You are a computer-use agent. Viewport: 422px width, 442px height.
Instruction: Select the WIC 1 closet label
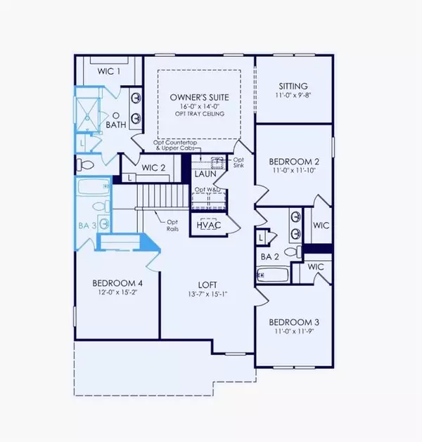tap(108, 72)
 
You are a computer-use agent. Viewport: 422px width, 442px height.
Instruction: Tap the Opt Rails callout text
tap(168, 223)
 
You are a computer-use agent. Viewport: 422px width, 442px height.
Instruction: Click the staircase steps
tap(158, 193)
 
